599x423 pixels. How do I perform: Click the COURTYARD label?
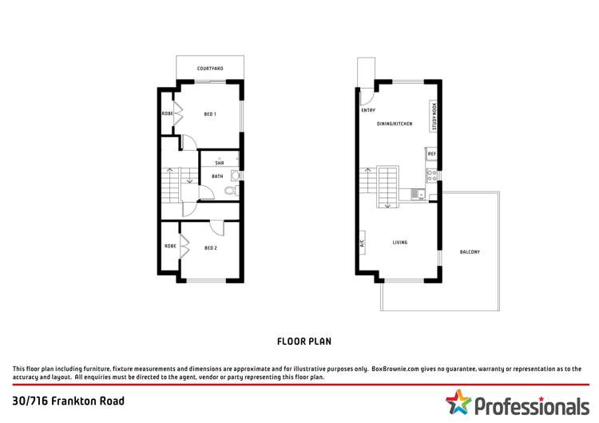(210, 69)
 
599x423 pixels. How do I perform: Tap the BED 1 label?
(210, 114)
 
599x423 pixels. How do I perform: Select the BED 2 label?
(210, 247)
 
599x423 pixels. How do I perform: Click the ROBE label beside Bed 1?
(167, 114)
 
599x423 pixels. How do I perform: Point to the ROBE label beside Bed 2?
(169, 246)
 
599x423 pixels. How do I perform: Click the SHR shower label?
(218, 163)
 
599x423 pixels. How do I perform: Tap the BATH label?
(217, 176)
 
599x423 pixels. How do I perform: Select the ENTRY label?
(368, 110)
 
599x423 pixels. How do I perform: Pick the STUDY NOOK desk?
(434, 116)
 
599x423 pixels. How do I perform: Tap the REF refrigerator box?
(431, 153)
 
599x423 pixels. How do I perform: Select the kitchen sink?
(416, 193)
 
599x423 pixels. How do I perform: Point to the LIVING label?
(401, 242)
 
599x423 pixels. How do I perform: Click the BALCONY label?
(470, 252)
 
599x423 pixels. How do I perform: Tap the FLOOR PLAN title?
(303, 341)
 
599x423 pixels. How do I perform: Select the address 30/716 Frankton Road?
(69, 401)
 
